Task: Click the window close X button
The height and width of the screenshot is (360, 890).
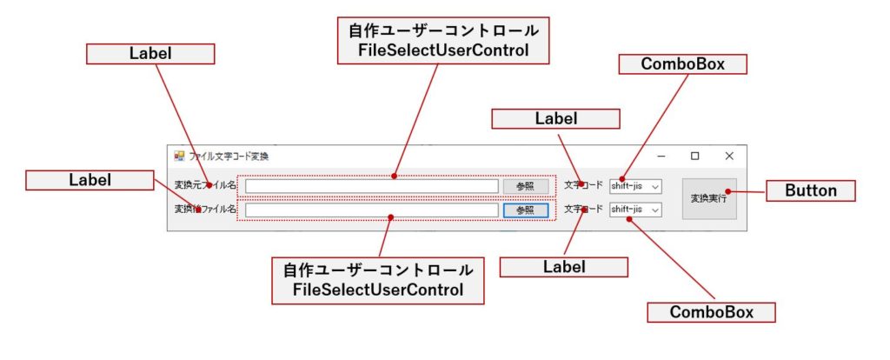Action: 729,157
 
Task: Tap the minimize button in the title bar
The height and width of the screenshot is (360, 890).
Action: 661,157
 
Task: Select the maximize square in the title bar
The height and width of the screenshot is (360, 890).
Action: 694,157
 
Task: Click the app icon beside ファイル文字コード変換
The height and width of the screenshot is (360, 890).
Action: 179,157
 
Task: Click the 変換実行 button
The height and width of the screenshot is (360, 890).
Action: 709,199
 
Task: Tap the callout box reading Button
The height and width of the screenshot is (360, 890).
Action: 811,190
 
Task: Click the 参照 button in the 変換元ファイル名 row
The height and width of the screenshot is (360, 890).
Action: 526,186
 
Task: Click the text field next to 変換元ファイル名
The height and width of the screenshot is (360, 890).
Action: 372,186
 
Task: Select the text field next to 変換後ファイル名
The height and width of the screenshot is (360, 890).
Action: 372,210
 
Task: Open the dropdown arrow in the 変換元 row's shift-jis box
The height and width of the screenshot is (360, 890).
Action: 655,186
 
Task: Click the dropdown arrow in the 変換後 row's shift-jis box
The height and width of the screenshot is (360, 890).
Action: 655,210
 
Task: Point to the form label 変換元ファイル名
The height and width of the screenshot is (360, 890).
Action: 205,184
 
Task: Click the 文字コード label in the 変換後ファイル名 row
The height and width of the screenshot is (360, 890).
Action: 583,209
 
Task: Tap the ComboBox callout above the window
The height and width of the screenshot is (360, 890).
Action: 682,64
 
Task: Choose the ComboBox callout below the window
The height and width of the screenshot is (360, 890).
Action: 711,312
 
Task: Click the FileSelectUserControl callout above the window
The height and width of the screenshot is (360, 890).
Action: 443,40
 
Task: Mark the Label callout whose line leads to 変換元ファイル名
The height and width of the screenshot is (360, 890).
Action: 150,53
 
